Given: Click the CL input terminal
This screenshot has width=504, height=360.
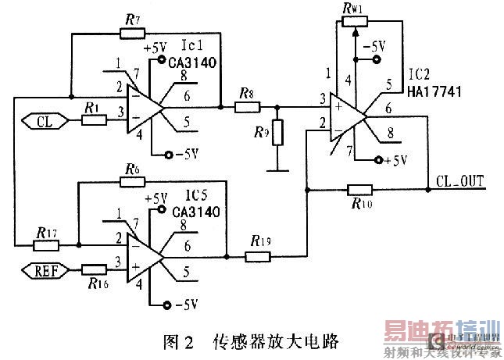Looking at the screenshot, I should (44, 120).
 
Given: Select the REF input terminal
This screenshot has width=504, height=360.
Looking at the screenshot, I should (43, 271).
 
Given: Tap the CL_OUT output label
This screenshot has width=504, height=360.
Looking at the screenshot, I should (460, 181).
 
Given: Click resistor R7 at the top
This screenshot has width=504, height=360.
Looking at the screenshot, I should (131, 33).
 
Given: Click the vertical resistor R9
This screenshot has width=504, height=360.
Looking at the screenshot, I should (276, 133).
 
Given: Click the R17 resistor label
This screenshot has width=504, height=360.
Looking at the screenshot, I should (45, 231).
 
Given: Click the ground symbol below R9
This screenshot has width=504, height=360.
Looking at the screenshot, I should (276, 167).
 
